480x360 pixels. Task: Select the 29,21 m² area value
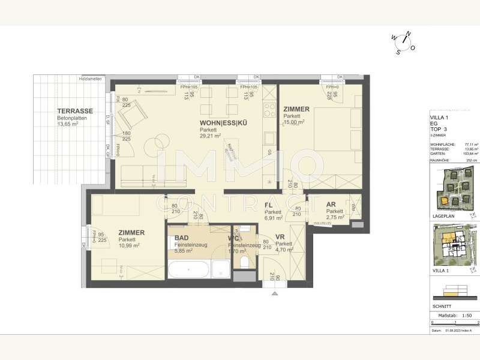point(211,136)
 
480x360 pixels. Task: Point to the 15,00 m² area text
point(295,122)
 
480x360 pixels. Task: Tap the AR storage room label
point(331,204)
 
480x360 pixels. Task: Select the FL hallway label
point(269,205)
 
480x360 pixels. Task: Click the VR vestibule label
point(280,237)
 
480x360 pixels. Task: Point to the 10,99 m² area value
point(129,246)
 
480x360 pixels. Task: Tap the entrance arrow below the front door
point(274,294)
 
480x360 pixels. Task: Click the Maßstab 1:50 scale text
point(454,314)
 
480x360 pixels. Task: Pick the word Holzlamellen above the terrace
point(90,79)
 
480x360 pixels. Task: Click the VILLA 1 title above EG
point(440,117)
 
